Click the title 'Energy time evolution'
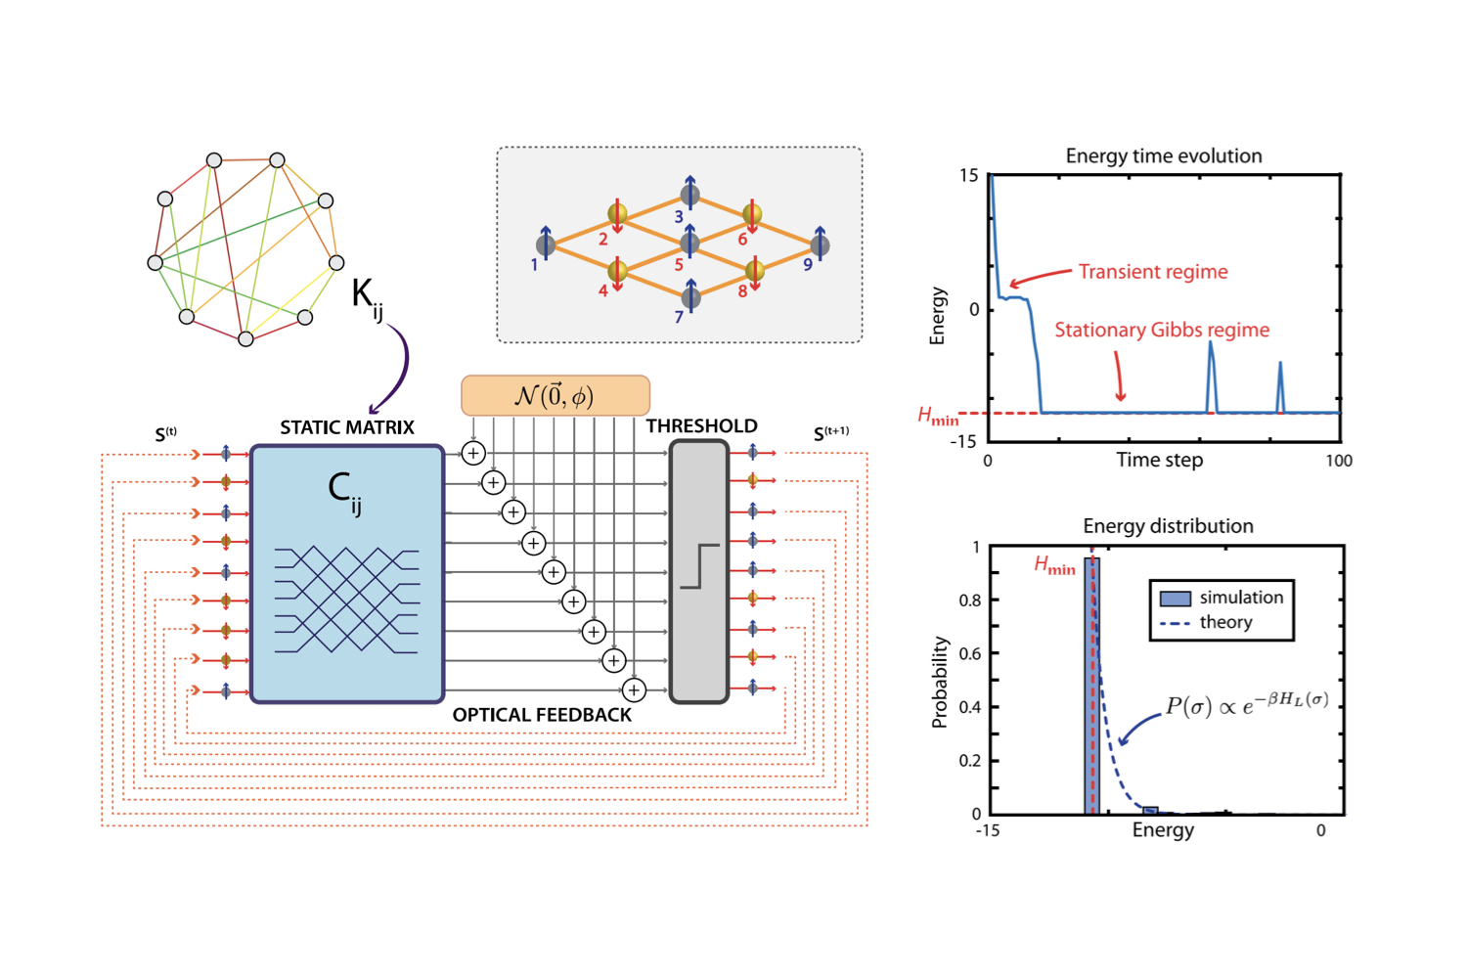(x=1163, y=156)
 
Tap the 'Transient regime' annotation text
(x=1152, y=272)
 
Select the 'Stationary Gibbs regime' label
(x=1161, y=331)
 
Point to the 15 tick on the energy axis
(x=968, y=176)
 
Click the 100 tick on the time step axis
(x=1338, y=461)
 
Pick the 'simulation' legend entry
(x=1240, y=598)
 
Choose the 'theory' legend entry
(x=1224, y=623)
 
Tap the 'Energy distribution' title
(x=1168, y=526)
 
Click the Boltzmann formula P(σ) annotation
(x=1247, y=705)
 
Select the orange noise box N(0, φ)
(x=555, y=396)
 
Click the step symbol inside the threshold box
(x=699, y=566)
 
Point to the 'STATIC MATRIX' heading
(x=347, y=427)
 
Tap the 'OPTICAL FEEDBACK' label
(x=542, y=716)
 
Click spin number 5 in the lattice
(x=689, y=243)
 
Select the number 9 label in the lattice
(x=808, y=265)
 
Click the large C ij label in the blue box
(x=344, y=490)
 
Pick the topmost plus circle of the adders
(x=473, y=454)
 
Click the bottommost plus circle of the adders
(x=634, y=690)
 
